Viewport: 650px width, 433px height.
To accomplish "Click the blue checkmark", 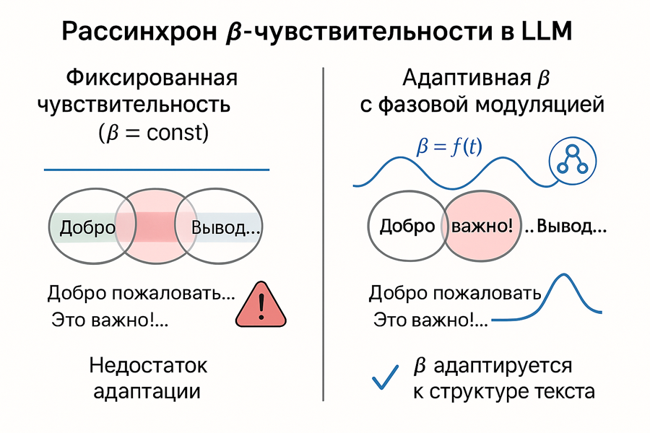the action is (x=385, y=376).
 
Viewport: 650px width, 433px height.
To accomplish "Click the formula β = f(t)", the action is (x=450, y=148).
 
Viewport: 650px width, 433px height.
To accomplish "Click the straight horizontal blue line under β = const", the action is (x=157, y=170).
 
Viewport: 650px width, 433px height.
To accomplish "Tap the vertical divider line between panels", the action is (x=324, y=231).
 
